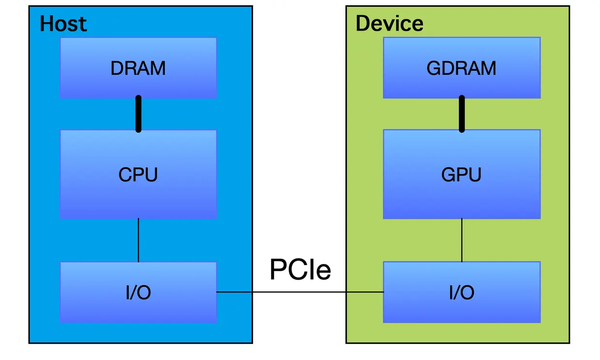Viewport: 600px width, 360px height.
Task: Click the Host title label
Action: (x=63, y=24)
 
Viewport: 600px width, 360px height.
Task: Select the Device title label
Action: (x=389, y=23)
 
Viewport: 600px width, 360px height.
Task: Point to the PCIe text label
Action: (x=300, y=270)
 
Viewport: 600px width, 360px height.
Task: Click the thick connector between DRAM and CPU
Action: (x=138, y=114)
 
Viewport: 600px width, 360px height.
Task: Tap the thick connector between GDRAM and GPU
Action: (x=462, y=114)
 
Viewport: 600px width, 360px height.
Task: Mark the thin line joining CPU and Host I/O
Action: (x=138, y=240)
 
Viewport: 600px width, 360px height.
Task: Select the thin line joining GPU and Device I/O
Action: (x=462, y=240)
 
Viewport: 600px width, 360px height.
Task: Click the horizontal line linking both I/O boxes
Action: (x=300, y=292)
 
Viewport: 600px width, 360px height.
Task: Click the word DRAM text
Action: (x=138, y=68)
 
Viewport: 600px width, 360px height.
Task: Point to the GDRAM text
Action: (x=462, y=68)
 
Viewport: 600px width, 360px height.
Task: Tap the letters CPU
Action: (x=138, y=175)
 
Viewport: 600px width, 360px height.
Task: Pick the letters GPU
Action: (x=462, y=175)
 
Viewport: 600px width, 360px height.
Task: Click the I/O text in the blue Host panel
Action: (x=138, y=293)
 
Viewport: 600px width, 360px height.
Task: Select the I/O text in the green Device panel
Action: (x=462, y=293)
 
